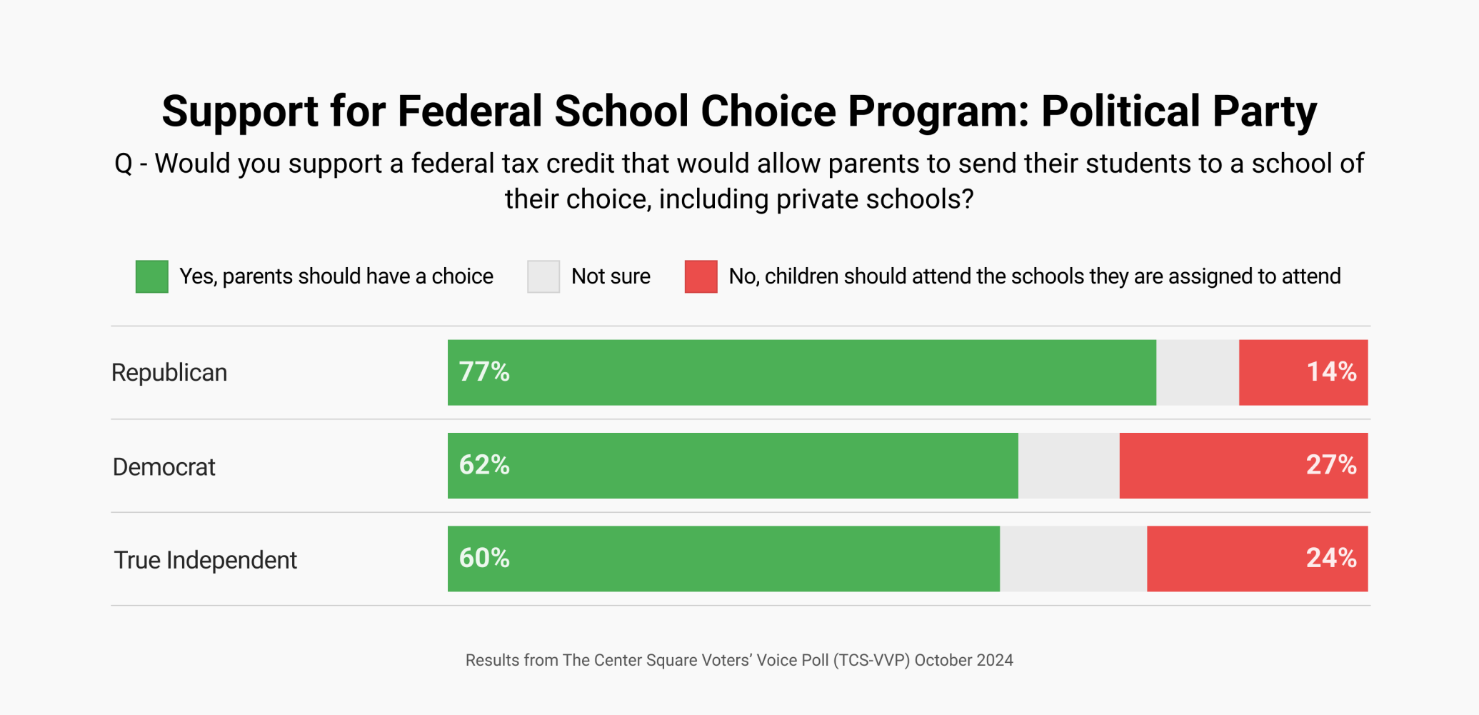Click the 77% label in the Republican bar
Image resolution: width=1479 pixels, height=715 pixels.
(484, 372)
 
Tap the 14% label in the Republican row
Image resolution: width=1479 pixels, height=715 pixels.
(1331, 372)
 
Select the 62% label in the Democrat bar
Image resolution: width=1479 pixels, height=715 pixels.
(484, 465)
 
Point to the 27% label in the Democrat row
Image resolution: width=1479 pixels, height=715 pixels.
(1331, 465)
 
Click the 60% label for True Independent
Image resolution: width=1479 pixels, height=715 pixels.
(484, 558)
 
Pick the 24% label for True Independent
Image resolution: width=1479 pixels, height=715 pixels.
(1331, 558)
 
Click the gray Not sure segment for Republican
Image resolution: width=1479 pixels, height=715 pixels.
(1198, 372)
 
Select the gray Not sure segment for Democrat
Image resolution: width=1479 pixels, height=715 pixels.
(1068, 465)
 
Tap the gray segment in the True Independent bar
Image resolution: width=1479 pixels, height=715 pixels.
(1073, 558)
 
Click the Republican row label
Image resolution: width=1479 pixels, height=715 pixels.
(169, 373)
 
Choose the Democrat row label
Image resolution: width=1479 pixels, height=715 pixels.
(164, 467)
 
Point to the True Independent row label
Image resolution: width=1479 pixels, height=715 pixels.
(206, 560)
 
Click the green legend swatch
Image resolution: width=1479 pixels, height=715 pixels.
(152, 276)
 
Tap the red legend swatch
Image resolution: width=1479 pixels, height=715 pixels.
(701, 276)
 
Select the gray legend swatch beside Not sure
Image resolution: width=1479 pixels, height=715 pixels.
(543, 276)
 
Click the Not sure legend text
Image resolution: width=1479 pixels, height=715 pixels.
(611, 276)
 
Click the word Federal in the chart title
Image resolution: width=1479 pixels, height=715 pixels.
(470, 111)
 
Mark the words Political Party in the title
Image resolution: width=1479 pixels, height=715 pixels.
(1178, 111)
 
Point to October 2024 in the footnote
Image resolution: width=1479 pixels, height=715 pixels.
(963, 660)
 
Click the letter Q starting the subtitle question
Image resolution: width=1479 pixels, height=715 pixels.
(124, 164)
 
